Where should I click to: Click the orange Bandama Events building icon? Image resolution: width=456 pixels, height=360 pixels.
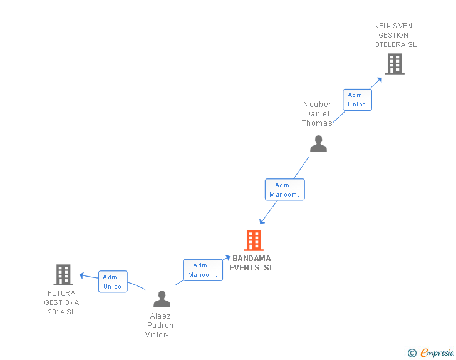click(253, 240)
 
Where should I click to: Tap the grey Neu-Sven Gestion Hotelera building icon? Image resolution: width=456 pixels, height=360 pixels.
click(394, 64)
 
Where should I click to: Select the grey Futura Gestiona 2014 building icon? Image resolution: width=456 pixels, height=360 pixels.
click(63, 274)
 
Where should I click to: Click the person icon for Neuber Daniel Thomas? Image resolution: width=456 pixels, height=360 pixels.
click(318, 144)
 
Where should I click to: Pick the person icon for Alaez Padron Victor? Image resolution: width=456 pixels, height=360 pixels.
click(162, 299)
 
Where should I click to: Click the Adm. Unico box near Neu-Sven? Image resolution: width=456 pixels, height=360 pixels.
click(357, 100)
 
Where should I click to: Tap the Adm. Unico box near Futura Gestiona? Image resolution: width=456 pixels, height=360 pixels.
click(113, 282)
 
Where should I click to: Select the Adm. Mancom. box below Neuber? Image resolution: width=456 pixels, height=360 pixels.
click(284, 190)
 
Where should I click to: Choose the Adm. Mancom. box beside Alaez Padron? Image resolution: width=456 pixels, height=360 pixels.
click(202, 270)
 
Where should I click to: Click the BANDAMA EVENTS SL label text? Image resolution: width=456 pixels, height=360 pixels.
click(252, 263)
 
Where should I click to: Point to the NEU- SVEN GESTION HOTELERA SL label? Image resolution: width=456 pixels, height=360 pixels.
click(393, 35)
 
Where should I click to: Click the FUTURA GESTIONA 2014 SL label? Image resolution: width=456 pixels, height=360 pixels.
click(61, 302)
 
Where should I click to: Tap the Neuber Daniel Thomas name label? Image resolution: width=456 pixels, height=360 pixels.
click(317, 114)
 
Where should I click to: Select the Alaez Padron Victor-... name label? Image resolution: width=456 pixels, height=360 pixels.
click(160, 326)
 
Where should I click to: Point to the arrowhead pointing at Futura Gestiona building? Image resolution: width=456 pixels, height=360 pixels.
click(81, 275)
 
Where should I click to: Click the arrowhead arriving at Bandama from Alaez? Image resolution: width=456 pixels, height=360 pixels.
click(228, 257)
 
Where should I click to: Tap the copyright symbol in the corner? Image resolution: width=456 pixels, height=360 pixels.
click(412, 353)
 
